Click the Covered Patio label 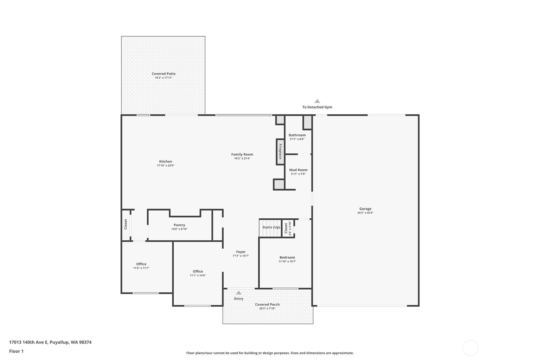pyautogui.click(x=164, y=74)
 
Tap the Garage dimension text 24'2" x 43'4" pyautogui.click(x=365, y=213)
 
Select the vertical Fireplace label pyautogui.click(x=280, y=152)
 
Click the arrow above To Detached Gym pyautogui.click(x=317, y=101)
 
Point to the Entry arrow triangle pyautogui.click(x=239, y=293)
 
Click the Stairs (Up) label pyautogui.click(x=271, y=227)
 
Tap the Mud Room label pyautogui.click(x=298, y=170)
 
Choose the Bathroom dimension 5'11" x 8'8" pyautogui.click(x=297, y=139)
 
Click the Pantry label pyautogui.click(x=179, y=225)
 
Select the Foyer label pyautogui.click(x=241, y=252)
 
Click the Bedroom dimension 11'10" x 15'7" pyautogui.click(x=287, y=262)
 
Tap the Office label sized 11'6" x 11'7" pyautogui.click(x=141, y=264)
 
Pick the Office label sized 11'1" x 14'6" pyautogui.click(x=198, y=272)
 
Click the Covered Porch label pyautogui.click(x=267, y=304)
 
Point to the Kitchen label pyautogui.click(x=165, y=161)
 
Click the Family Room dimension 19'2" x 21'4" pyautogui.click(x=242, y=159)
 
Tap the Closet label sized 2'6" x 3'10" pyautogui.click(x=286, y=228)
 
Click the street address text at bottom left pyautogui.click(x=50, y=342)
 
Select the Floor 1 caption pyautogui.click(x=16, y=351)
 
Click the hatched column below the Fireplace pyautogui.click(x=279, y=185)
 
